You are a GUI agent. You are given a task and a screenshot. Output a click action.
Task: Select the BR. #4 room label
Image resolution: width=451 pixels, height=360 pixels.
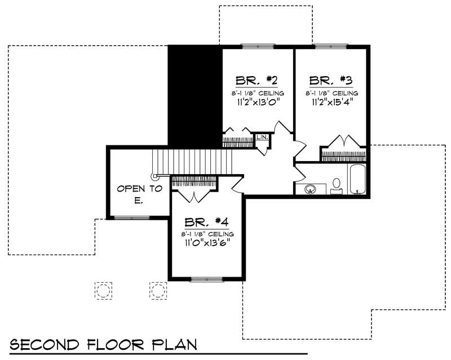[x=207, y=221]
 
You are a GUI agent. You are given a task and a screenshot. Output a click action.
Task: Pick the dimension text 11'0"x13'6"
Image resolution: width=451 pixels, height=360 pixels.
[x=207, y=243]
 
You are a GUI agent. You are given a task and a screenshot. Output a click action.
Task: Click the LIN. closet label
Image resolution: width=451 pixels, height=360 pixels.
[x=262, y=137]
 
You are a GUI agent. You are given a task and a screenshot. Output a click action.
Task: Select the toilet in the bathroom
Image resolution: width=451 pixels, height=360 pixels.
[x=337, y=185]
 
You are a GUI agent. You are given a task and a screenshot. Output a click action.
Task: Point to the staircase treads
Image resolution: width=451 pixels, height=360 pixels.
[x=192, y=162]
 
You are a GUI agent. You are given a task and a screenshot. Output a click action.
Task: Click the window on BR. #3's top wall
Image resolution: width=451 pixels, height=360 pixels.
[x=331, y=46]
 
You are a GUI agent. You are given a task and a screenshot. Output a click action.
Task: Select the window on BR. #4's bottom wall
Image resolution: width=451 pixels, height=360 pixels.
[x=207, y=278]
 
